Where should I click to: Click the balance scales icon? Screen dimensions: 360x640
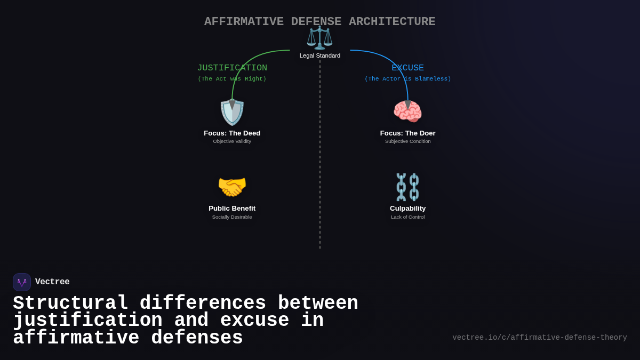coord(319,38)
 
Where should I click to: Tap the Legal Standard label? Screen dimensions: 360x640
coord(320,55)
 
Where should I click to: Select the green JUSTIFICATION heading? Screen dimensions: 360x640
coord(232,68)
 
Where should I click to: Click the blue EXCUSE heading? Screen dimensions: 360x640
coord(408,68)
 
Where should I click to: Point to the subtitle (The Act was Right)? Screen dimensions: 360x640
coord(232,79)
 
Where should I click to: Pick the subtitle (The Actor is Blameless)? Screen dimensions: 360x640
coord(408,79)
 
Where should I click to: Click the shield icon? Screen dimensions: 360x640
coord(232,112)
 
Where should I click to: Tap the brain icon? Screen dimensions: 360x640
coord(407,111)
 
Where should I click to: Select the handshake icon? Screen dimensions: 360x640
coord(232,187)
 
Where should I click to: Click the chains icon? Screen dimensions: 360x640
coord(407,187)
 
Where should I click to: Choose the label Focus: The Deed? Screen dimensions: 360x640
coord(232,133)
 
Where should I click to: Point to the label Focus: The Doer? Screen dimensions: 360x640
coord(408,133)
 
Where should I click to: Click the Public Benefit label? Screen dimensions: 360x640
coord(232,209)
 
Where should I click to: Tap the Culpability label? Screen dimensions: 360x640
coord(408,209)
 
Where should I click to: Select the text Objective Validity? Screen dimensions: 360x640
coord(232,141)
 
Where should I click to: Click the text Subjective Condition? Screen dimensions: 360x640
coord(408,141)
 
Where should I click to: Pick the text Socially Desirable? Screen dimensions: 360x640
coord(232,217)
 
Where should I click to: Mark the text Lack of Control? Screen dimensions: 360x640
coord(408,217)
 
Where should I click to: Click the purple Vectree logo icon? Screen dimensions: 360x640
coord(22,282)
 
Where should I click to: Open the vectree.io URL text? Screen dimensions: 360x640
coord(540,338)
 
